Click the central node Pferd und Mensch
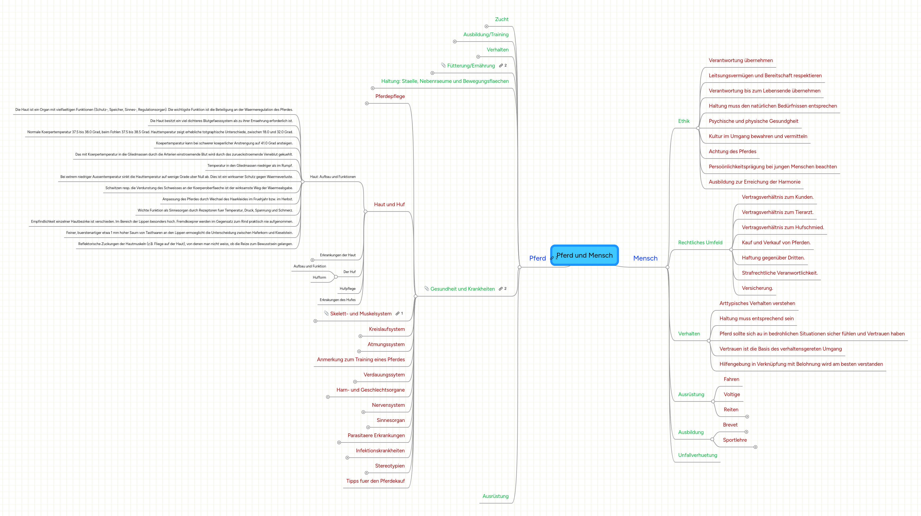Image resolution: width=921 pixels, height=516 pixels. click(584, 255)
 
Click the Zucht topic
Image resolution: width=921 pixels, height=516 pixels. click(502, 19)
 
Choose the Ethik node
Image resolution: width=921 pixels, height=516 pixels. click(683, 121)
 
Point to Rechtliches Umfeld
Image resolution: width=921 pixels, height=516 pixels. click(700, 243)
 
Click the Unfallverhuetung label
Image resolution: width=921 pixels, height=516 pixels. click(698, 455)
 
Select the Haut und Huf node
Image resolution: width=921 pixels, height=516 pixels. click(389, 204)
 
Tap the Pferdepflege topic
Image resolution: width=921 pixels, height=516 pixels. click(390, 96)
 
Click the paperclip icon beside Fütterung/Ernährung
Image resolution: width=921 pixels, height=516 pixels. click(443, 65)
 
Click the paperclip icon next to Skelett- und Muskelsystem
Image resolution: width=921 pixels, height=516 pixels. click(326, 313)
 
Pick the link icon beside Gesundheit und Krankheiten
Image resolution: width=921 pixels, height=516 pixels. click(501, 289)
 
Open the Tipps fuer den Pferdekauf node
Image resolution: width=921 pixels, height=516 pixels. click(375, 481)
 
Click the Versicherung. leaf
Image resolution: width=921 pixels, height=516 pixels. click(757, 288)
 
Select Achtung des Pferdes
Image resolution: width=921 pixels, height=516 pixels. click(732, 152)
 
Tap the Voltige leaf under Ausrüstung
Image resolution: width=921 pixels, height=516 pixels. click(731, 395)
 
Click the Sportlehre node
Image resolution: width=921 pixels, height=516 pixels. click(735, 440)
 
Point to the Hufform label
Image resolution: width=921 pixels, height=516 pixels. click(319, 277)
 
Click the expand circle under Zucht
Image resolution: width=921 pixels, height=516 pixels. click(486, 26)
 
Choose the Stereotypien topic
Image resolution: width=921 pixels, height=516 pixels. click(390, 466)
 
